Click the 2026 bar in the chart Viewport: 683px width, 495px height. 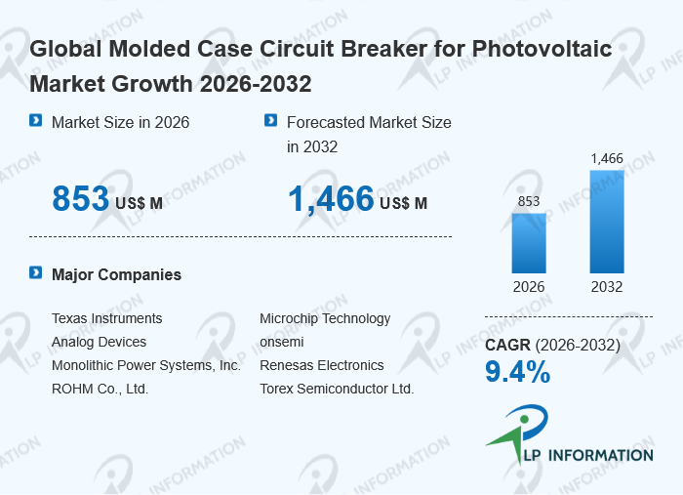(529, 243)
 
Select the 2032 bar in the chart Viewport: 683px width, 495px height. (607, 222)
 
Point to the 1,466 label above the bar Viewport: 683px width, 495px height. (607, 158)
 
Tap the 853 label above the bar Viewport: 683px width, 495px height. (529, 201)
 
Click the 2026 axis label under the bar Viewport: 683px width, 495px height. (529, 287)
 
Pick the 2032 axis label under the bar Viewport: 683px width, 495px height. (607, 287)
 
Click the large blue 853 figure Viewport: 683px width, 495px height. (81, 199)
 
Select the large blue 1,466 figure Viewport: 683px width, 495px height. (331, 199)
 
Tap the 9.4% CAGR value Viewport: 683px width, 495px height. (517, 372)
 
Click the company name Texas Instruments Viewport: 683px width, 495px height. (106, 318)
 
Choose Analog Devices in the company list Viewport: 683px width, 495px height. (99, 342)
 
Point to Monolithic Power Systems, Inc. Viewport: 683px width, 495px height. (146, 365)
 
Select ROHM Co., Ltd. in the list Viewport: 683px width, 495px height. (100, 389)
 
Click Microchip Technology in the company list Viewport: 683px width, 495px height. (325, 319)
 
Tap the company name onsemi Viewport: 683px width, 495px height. (282, 342)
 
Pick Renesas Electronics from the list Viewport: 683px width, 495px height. (322, 365)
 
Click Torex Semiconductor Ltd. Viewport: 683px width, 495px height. (337, 389)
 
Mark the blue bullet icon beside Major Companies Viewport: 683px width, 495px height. (36, 272)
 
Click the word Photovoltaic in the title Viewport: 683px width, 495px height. (542, 49)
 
